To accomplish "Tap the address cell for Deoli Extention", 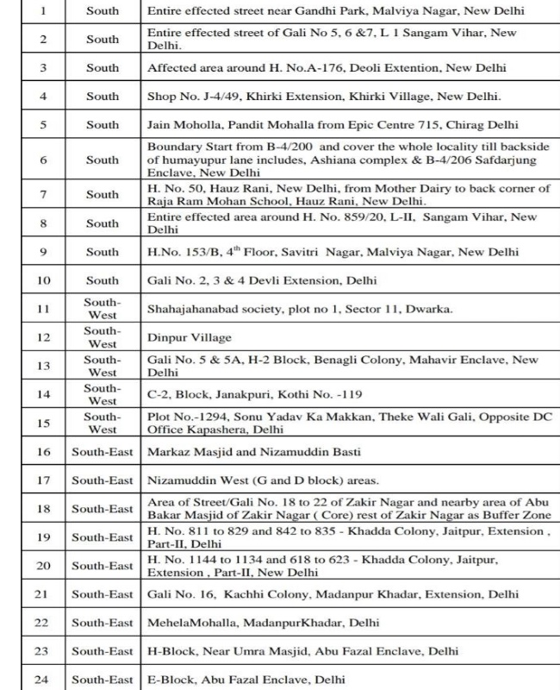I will click(345, 67).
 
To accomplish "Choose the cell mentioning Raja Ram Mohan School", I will click(345, 194).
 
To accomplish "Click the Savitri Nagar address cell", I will click(345, 252).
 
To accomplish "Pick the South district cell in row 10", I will click(102, 280).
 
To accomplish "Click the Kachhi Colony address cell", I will click(345, 594).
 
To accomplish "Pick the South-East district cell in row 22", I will click(102, 623).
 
